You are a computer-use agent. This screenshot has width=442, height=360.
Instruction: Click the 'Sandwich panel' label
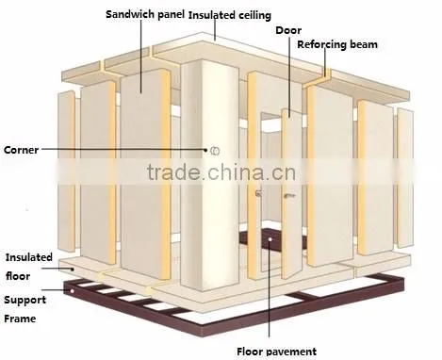pos(145,14)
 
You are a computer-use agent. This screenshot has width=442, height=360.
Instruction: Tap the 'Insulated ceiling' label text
pos(230,15)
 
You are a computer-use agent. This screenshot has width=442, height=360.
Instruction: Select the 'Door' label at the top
pos(288,30)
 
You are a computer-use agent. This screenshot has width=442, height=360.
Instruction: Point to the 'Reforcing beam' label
pos(337,44)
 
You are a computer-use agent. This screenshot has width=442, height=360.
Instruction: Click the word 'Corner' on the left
pos(21,150)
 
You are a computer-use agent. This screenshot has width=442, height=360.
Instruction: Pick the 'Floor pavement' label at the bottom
pos(276,352)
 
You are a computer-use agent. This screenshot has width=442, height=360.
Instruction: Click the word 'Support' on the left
pos(25,300)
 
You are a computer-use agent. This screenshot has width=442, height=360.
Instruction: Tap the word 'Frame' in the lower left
pos(20,319)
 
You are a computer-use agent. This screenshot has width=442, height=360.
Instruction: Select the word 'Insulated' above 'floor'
pos(29,257)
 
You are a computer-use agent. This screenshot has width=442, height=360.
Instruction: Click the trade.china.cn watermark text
pos(221,172)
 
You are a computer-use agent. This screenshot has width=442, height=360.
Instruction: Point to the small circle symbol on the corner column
pos(215,151)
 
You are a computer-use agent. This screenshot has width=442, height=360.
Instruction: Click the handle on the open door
pos(289,196)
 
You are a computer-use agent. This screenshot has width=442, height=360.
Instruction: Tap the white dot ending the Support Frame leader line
pos(73,291)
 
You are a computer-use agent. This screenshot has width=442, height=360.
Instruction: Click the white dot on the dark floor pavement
pos(270,239)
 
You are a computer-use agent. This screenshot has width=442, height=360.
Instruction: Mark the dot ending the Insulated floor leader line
pos(73,269)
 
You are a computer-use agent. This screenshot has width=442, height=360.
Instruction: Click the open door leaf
pos(292,194)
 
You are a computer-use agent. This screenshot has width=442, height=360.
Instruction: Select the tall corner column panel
pos(209,176)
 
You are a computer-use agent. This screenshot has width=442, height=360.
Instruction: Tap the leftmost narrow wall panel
pos(66,172)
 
